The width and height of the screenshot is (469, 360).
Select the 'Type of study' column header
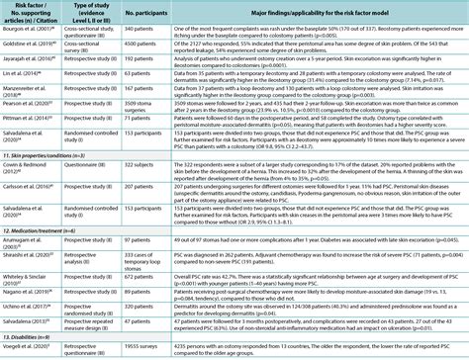click(83, 11)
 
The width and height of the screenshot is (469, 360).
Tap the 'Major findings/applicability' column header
click(312, 11)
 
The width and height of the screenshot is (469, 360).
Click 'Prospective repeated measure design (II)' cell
click(83, 322)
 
